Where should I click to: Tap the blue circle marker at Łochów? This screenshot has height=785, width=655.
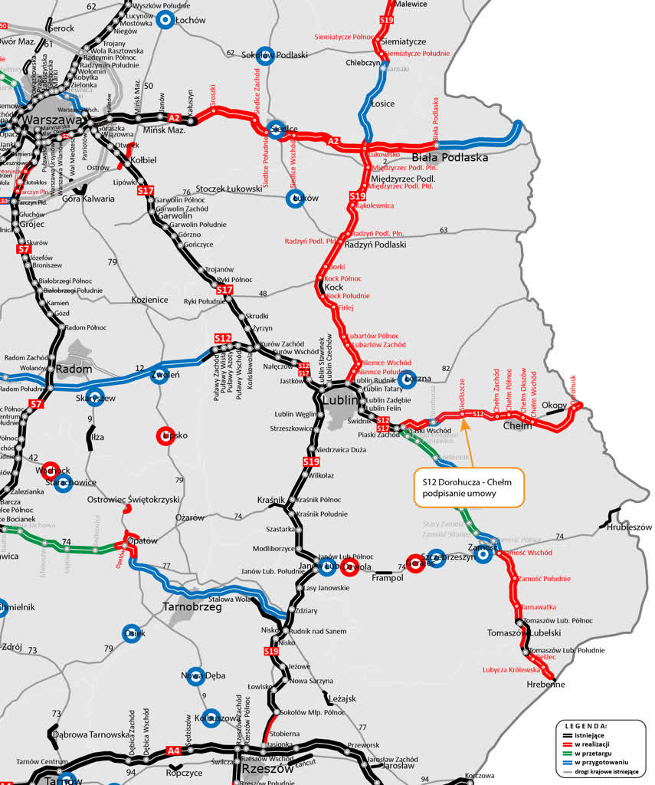coord(165,20)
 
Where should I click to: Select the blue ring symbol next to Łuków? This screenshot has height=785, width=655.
coord(296,199)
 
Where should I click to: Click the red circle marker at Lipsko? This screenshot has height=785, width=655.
coord(165,435)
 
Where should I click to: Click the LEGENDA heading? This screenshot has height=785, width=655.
coord(586,725)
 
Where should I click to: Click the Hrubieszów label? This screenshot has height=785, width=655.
coord(629,527)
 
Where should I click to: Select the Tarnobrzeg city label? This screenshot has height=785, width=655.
coord(192,606)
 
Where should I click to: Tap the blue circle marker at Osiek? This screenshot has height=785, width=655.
coord(133,633)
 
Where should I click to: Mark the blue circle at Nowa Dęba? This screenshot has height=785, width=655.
coord(195,675)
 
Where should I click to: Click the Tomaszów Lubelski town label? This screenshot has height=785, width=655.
coord(524,633)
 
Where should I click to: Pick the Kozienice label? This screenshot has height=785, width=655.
coord(149,300)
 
